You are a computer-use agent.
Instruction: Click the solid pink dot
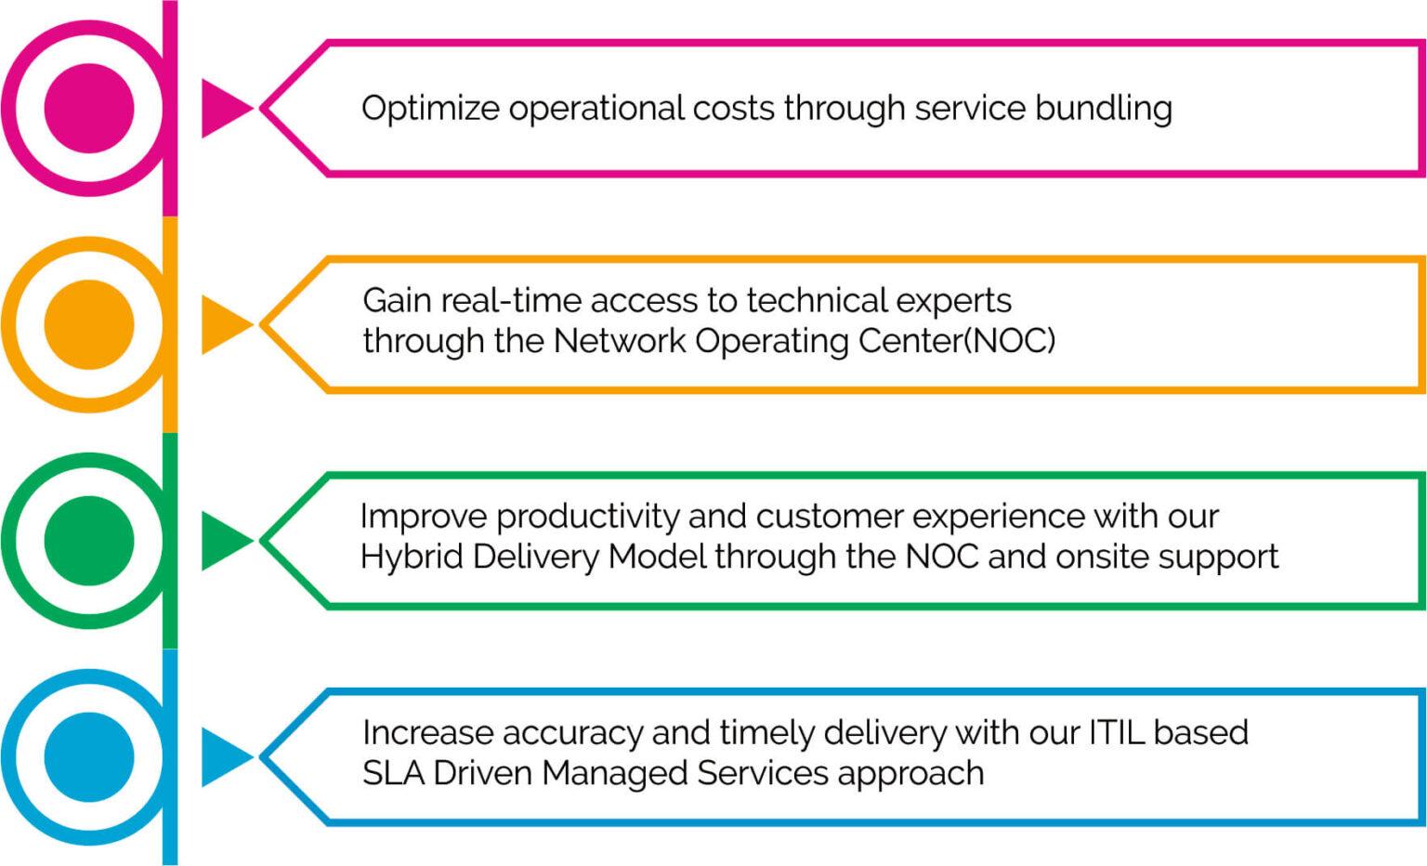89,108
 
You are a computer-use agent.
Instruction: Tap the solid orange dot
89,324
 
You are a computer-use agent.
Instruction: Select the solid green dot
89,541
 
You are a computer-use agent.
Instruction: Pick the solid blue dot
89,757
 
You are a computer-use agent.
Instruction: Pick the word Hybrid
411,558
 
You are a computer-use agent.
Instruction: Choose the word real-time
510,301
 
